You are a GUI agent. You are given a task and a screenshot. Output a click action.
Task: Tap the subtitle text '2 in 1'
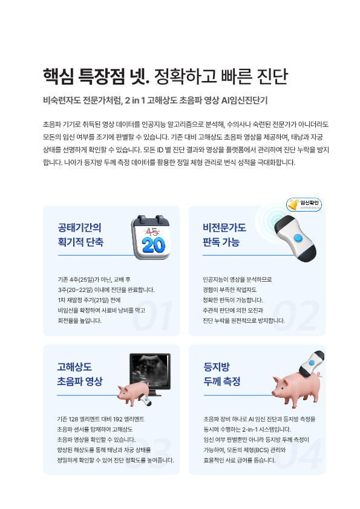(135, 100)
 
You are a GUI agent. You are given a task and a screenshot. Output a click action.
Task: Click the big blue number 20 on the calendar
(153, 245)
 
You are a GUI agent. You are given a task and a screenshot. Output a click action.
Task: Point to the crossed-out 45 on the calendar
(152, 232)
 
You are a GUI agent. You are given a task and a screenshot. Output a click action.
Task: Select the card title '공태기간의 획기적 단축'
(80, 235)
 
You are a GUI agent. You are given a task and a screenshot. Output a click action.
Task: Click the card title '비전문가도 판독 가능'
(224, 235)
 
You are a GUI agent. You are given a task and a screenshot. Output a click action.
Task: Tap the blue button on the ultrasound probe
(298, 239)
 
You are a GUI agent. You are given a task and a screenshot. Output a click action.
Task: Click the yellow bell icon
(293, 205)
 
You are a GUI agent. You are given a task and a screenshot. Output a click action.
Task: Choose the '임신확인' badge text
(309, 203)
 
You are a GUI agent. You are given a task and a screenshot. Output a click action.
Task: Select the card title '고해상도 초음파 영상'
(80, 374)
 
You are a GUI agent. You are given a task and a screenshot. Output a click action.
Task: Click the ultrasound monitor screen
(150, 371)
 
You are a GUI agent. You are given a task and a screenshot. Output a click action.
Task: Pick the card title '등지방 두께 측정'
(222, 374)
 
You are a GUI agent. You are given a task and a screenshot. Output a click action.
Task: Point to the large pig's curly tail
(319, 375)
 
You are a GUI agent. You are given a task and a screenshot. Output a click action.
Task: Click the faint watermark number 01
(152, 316)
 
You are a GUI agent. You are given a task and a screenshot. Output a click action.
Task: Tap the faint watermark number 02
(296, 316)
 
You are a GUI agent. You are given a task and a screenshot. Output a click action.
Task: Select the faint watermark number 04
(298, 454)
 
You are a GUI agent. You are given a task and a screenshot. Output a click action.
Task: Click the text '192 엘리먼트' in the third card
(129, 419)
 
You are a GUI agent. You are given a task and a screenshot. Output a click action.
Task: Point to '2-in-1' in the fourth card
(251, 429)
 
